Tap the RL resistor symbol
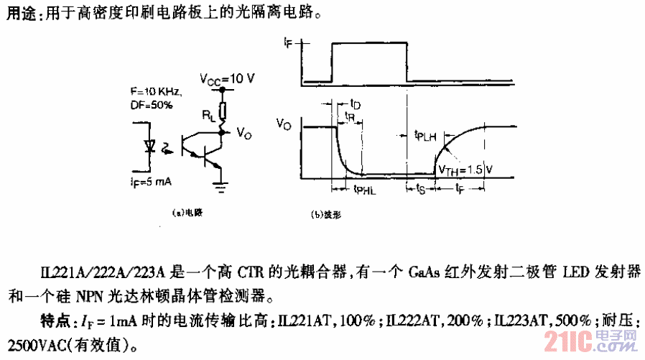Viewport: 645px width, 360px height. [223, 110]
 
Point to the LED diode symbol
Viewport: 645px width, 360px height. [150, 147]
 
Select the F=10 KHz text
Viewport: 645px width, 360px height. [157, 92]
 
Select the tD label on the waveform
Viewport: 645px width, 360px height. [354, 105]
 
